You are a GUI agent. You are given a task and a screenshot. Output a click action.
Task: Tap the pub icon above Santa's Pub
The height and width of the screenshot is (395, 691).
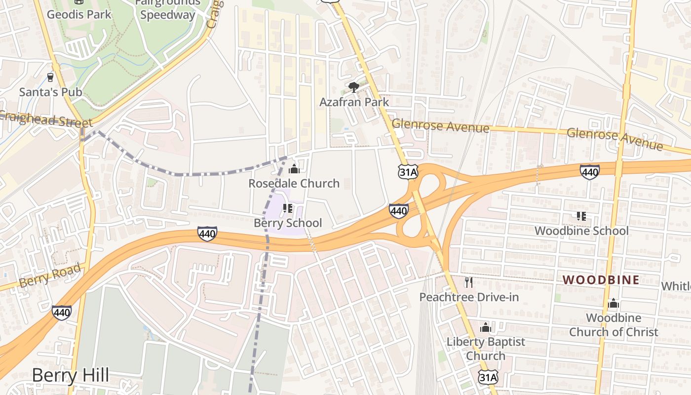click(50, 77)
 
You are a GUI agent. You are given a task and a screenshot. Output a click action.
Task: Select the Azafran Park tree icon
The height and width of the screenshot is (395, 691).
click(353, 87)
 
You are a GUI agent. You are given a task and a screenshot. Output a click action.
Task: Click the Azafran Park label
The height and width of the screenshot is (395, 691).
click(354, 102)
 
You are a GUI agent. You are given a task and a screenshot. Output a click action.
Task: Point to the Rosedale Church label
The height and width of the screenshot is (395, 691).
click(294, 183)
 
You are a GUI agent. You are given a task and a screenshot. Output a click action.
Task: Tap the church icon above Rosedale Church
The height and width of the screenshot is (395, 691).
click(294, 169)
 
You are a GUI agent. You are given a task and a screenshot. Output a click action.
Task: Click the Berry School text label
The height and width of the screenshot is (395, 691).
click(287, 223)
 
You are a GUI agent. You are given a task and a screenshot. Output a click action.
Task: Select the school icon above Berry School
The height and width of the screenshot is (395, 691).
click(287, 208)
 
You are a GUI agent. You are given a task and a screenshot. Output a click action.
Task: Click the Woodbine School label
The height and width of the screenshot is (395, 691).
click(581, 231)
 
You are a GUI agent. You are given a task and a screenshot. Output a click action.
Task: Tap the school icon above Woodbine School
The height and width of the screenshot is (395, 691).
click(581, 216)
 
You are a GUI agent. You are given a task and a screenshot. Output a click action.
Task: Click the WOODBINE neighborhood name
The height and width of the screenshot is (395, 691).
click(601, 280)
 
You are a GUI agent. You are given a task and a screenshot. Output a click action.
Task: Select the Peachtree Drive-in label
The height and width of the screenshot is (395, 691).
click(469, 297)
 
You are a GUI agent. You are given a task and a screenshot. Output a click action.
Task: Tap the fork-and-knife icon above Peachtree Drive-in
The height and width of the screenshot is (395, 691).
click(469, 282)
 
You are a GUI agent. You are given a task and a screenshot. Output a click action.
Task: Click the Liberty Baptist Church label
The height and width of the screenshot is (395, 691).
click(486, 349)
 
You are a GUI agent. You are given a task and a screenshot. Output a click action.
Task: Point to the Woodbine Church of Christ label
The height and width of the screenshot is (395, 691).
click(614, 325)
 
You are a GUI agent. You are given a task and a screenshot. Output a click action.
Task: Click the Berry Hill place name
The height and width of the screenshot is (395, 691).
click(70, 375)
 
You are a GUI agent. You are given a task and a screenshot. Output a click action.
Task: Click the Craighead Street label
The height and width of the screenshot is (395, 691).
click(47, 119)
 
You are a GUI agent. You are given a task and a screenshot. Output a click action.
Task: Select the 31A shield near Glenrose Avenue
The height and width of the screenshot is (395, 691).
click(408, 171)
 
